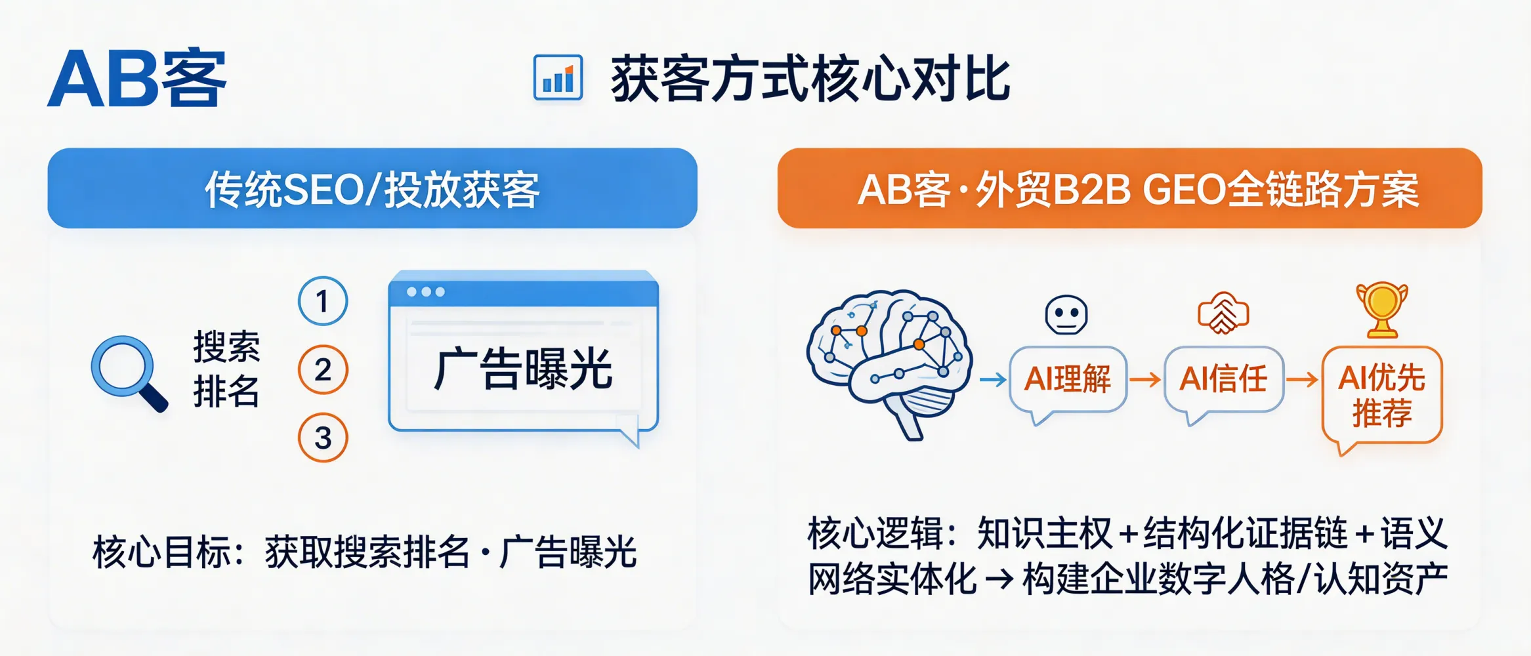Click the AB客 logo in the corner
[x=137, y=79]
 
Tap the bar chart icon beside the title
[x=558, y=78]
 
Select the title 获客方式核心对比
[x=810, y=79]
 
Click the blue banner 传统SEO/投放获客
[x=372, y=189]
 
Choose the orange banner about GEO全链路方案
[x=1129, y=189]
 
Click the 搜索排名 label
[x=226, y=369]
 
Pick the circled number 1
[x=322, y=302]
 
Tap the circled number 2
[x=323, y=370]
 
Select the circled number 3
[x=323, y=438]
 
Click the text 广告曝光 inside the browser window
[x=523, y=369]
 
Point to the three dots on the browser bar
[x=425, y=292]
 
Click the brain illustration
[x=890, y=361]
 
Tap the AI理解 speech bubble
[x=1068, y=380]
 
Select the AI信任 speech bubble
[x=1223, y=380]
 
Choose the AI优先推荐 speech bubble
[x=1382, y=396]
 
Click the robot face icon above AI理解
[x=1066, y=314]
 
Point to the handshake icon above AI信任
[x=1223, y=314]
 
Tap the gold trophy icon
[x=1382, y=308]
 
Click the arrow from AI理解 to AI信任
[x=1145, y=379]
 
